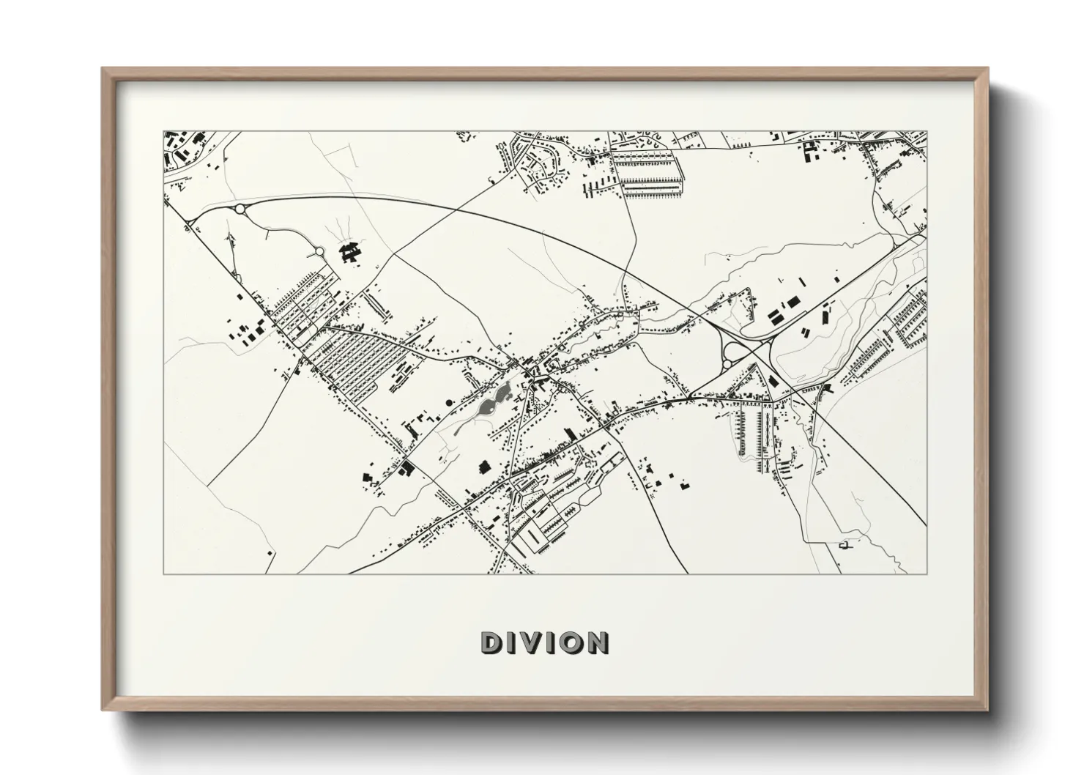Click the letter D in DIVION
click(x=491, y=643)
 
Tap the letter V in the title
click(x=531, y=643)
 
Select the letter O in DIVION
click(x=570, y=643)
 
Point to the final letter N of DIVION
click(x=597, y=643)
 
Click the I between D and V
click(x=511, y=643)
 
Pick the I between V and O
click(x=550, y=643)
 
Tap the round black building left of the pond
click(x=448, y=402)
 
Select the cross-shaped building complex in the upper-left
click(x=351, y=252)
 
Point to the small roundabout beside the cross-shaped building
click(x=319, y=252)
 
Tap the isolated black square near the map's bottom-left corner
click(x=270, y=551)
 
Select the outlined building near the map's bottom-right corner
click(x=848, y=544)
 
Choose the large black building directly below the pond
click(x=483, y=466)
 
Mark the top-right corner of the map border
click(x=927, y=131)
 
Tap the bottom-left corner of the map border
click(x=163, y=574)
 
